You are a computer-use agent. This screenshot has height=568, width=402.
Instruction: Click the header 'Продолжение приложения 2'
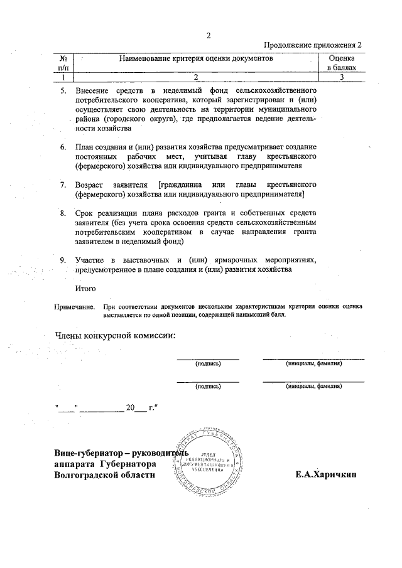pyautogui.click(x=313, y=45)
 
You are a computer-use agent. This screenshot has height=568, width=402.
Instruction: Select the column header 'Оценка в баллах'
pyautogui.click(x=341, y=62)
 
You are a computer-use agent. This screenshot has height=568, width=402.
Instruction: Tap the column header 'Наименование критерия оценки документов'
pyautogui.click(x=196, y=58)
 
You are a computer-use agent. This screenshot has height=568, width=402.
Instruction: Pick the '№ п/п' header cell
pyautogui.click(x=63, y=62)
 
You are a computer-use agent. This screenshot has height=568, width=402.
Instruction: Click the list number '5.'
pyautogui.click(x=63, y=92)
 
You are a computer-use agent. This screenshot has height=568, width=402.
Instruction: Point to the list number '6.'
pyautogui.click(x=63, y=147)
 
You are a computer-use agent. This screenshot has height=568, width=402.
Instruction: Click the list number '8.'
pyautogui.click(x=63, y=213)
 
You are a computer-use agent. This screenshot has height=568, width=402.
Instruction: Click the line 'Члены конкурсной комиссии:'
pyautogui.click(x=116, y=335)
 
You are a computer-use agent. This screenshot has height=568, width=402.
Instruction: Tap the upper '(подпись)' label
pyautogui.click(x=208, y=363)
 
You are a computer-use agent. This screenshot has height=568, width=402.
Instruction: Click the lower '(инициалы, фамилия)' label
pyautogui.click(x=313, y=386)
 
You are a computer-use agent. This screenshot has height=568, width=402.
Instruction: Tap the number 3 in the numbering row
pyautogui.click(x=341, y=77)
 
